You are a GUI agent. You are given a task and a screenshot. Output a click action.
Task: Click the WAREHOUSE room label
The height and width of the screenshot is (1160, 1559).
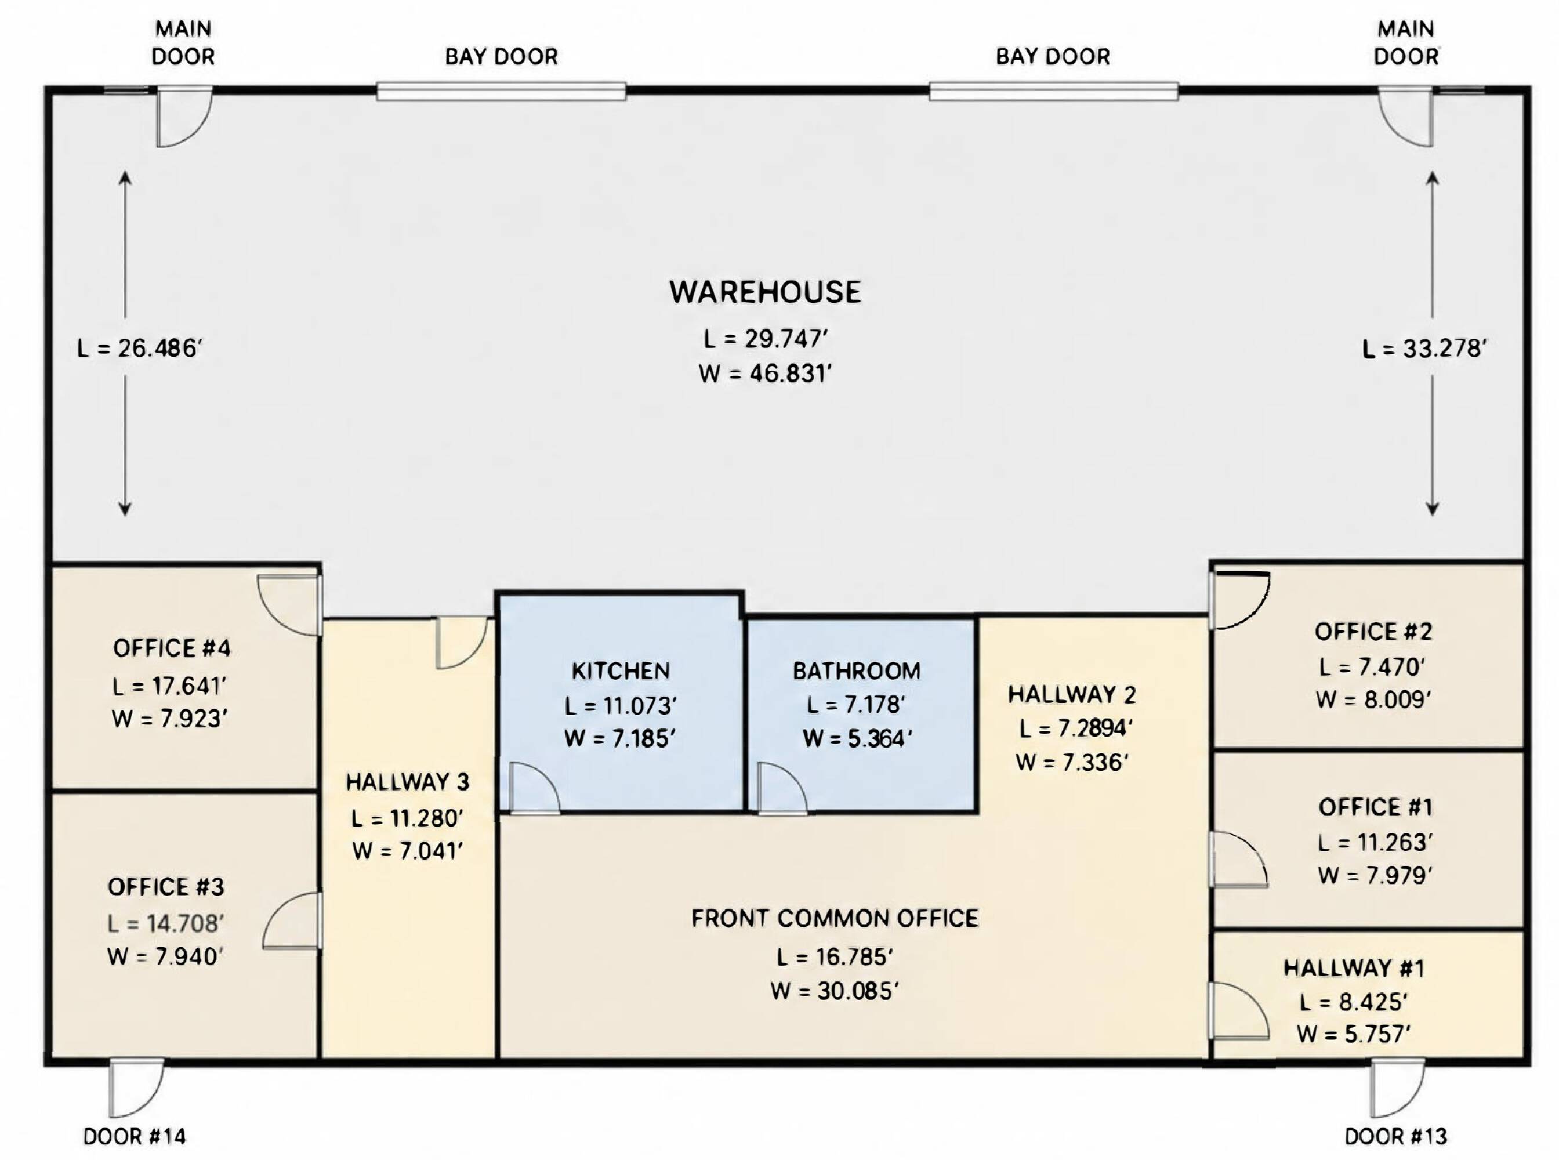click(x=766, y=292)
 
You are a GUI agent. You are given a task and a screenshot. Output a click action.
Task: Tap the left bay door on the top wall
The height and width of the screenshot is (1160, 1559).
click(x=501, y=91)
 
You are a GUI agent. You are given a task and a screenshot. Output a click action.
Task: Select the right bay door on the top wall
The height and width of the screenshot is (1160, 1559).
click(x=1053, y=91)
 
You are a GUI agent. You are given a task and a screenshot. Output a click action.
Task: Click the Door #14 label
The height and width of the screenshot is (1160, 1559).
click(x=134, y=1136)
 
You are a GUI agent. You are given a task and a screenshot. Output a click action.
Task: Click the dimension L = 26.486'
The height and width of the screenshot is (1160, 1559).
click(x=140, y=347)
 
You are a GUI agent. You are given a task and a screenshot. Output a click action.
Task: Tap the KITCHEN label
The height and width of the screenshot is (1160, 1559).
click(x=621, y=670)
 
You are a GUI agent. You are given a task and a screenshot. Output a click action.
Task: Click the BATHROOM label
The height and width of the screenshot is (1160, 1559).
click(x=857, y=670)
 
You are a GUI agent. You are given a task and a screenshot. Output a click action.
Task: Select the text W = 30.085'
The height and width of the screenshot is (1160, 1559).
click(x=834, y=991)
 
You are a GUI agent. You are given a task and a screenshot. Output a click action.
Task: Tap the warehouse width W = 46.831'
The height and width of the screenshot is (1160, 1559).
click(x=766, y=373)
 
